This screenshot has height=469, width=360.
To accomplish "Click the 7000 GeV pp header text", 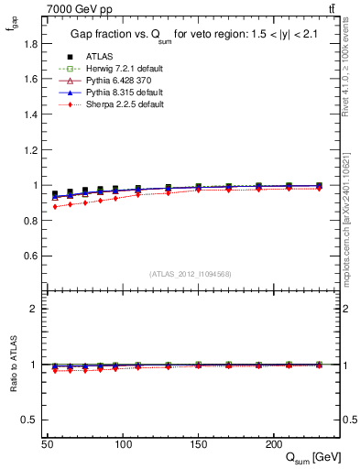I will [x=78, y=8].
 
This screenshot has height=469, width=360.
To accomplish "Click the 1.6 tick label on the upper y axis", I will [x=29, y=79].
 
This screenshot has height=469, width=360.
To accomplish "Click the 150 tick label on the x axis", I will [x=198, y=444].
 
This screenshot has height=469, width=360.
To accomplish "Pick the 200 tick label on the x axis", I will [x=272, y=444].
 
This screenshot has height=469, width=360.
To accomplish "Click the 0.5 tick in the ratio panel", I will [x=29, y=420].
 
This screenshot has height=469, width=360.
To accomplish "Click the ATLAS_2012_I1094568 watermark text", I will [x=191, y=274].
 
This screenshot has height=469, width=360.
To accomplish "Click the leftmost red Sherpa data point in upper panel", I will [x=55, y=207].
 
